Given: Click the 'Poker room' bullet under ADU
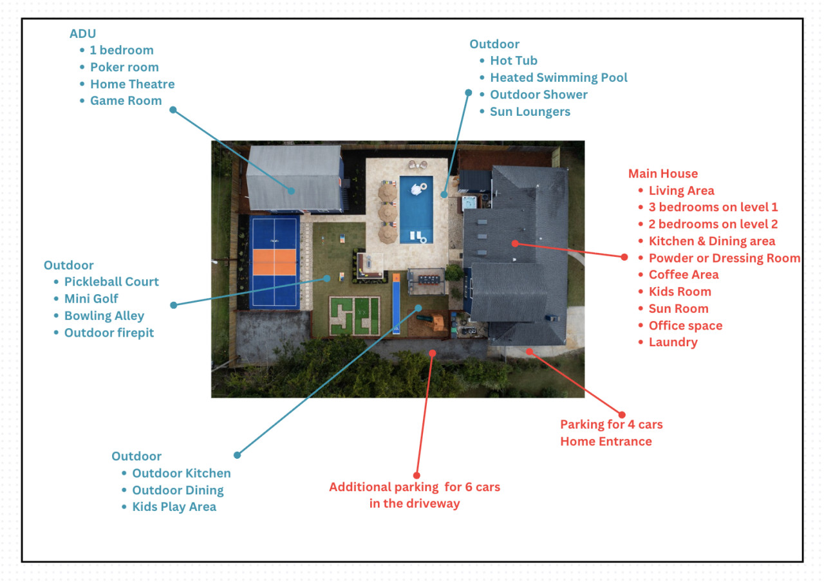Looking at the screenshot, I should pos(124,67).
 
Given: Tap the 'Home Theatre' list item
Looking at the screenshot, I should pos(132,84).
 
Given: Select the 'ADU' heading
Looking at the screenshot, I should pos(83,33).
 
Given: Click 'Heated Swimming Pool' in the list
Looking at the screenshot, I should pos(558,77).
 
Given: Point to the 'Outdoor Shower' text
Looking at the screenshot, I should pos(538,95).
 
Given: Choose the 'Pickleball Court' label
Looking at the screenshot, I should pos(111,282).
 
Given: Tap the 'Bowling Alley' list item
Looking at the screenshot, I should pos(104,316).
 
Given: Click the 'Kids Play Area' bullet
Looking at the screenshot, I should pos(174,506).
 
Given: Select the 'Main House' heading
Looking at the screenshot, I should pos(662,173).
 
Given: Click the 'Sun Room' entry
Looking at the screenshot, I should pos(678,308).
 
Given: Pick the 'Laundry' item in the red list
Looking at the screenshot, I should pos(673,342).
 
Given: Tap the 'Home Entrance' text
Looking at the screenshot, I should pos(606,441).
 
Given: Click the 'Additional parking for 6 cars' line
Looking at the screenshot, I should pos(415,487).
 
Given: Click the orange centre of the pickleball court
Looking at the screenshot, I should pos(274,262).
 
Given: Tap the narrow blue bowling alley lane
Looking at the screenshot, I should pos(396,305).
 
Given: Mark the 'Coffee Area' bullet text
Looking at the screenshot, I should pos(683,275).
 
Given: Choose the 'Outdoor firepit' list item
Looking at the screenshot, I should pos(109,333).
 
